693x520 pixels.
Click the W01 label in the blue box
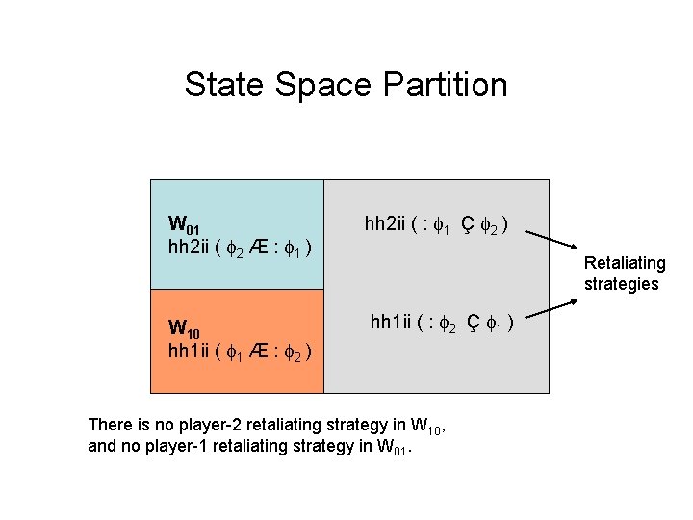184,228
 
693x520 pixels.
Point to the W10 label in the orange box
184,329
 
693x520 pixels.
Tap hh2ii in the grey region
386,225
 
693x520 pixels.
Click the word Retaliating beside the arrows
625,263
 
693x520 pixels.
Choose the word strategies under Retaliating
622,284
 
